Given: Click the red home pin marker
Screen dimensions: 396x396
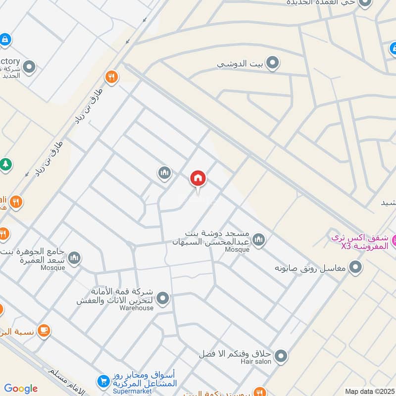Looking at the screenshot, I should [x=198, y=179].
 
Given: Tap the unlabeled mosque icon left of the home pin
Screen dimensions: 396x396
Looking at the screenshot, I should [x=164, y=173].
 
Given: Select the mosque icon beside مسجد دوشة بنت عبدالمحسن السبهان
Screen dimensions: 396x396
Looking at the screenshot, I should [x=258, y=241].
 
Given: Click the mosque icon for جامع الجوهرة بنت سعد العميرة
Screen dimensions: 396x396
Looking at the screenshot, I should [x=74, y=258].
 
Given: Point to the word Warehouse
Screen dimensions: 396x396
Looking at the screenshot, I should [x=137, y=308].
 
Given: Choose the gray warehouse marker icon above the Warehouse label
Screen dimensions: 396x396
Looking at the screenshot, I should [x=162, y=298].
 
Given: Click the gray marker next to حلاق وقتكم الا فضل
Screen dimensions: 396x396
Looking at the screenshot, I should [x=281, y=356].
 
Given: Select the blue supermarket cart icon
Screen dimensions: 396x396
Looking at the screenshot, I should [x=103, y=381].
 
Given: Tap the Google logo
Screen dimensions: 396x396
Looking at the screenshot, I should [x=21, y=389].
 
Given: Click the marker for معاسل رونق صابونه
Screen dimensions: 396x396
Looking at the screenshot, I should [x=355, y=268].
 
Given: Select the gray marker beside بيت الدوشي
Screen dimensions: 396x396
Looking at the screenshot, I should [x=272, y=63].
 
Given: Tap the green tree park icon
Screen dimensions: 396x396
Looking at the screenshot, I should [x=5, y=164].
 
